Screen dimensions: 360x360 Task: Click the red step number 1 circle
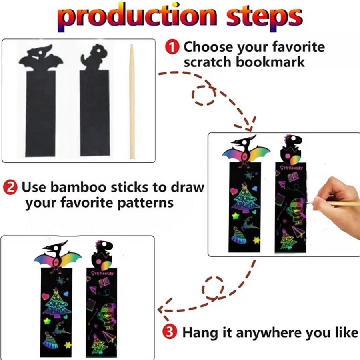click(172, 47)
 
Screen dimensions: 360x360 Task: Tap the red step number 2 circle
click(10, 187)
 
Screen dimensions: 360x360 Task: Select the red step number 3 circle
click(170, 332)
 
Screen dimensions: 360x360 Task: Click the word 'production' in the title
click(137, 16)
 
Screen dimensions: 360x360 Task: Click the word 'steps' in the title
click(264, 17)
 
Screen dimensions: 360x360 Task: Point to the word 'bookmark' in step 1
click(270, 62)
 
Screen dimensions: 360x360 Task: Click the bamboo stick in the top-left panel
click(132, 101)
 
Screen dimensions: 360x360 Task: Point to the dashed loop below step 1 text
click(204, 95)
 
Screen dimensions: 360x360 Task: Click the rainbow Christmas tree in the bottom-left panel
click(57, 303)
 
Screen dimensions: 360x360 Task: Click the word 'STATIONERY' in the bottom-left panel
click(103, 273)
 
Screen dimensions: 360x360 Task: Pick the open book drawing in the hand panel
click(293, 178)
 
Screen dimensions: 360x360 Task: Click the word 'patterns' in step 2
click(145, 203)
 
